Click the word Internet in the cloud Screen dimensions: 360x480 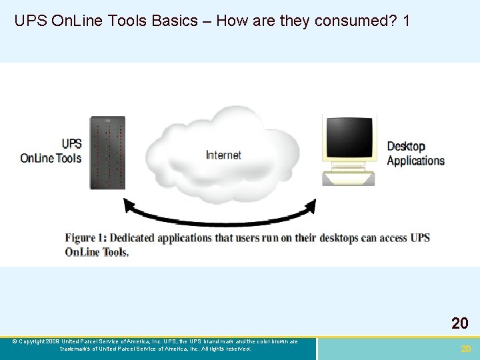[x=223, y=155]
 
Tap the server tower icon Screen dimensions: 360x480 [x=107, y=153]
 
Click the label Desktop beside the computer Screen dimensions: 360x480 [x=406, y=146]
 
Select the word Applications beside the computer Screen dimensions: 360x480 [x=415, y=161]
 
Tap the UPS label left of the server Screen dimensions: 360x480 [x=71, y=143]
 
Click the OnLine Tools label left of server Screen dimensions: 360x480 [x=51, y=158]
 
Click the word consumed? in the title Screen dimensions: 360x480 [x=356, y=21]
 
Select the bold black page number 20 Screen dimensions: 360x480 [x=459, y=324]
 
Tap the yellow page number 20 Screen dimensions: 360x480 [x=466, y=349]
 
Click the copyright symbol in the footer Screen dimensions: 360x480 [x=15, y=341]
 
